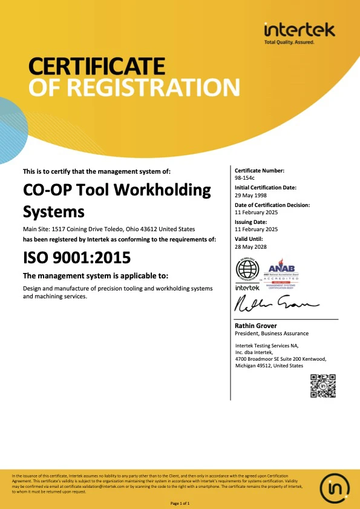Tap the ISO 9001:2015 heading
(76, 257)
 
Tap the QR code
(322, 386)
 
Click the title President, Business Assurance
(271, 333)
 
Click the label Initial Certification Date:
(266, 188)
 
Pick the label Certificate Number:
(259, 171)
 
